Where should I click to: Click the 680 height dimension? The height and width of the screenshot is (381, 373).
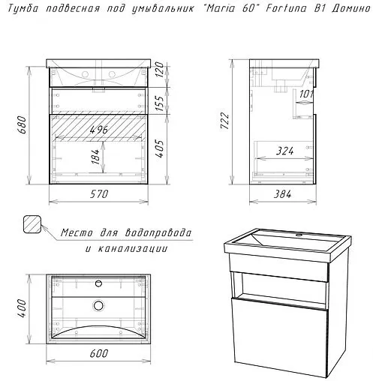(x=23, y=124)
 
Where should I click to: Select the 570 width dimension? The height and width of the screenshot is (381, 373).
(x=99, y=193)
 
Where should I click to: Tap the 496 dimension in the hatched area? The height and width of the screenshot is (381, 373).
(x=99, y=130)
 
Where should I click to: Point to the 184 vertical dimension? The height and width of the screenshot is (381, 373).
(x=95, y=157)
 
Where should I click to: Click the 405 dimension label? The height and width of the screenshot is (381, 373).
(x=161, y=148)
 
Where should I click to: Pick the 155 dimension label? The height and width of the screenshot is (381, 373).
(x=161, y=103)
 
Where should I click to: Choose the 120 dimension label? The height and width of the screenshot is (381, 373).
(x=161, y=69)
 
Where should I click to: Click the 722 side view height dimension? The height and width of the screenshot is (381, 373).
(x=224, y=121)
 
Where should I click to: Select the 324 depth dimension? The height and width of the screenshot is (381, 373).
(x=285, y=151)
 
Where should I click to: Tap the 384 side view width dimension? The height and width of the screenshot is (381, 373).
(x=282, y=194)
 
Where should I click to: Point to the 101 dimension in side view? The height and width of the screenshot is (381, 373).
(x=306, y=94)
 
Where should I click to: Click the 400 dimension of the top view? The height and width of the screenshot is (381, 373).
(x=23, y=307)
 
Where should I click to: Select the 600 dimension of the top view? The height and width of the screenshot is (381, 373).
(x=99, y=353)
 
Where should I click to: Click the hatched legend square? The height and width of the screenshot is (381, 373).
(x=32, y=224)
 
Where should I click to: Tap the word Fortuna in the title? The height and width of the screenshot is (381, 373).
(x=286, y=9)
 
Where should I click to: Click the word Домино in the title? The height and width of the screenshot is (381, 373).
(x=350, y=9)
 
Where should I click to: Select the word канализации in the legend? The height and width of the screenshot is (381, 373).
(x=132, y=249)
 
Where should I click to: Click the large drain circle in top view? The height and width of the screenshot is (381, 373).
(x=99, y=305)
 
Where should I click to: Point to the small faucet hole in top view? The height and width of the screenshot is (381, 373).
(x=99, y=283)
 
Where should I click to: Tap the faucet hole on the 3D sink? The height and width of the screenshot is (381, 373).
(x=299, y=235)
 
